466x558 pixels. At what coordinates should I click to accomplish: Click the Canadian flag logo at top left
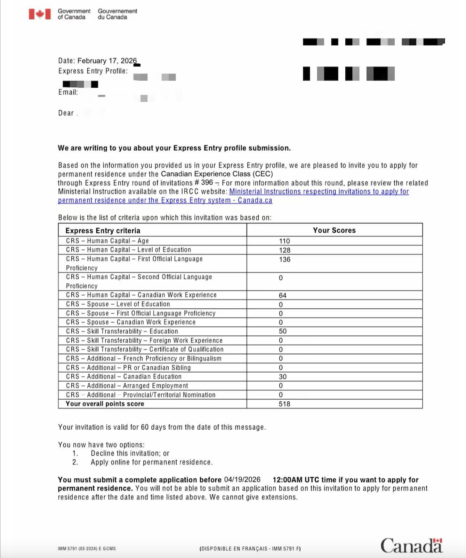tap(40, 14)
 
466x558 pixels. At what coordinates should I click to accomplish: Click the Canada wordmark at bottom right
tap(411, 545)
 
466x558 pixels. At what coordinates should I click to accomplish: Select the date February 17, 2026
tap(107, 61)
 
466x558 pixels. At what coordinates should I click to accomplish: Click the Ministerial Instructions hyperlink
tap(319, 192)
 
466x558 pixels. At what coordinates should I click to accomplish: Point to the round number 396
tap(207, 183)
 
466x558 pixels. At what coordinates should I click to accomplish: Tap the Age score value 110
tap(284, 241)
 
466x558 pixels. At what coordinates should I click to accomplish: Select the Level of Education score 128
tap(284, 250)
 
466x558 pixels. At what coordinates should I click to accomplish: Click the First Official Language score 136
tap(284, 259)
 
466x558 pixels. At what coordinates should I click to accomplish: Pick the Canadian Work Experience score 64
tap(282, 295)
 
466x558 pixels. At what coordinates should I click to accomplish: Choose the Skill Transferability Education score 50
tap(282, 331)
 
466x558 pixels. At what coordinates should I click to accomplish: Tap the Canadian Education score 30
tap(282, 377)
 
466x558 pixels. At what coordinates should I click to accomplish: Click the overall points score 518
tap(284, 404)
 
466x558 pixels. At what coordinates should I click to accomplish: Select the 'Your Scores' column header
tap(334, 230)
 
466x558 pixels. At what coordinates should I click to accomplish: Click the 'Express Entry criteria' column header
tap(103, 231)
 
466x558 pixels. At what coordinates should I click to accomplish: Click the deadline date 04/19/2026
tap(242, 480)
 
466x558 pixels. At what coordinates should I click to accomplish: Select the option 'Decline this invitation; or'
tap(130, 453)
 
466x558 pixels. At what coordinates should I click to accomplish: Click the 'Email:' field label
tap(68, 92)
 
